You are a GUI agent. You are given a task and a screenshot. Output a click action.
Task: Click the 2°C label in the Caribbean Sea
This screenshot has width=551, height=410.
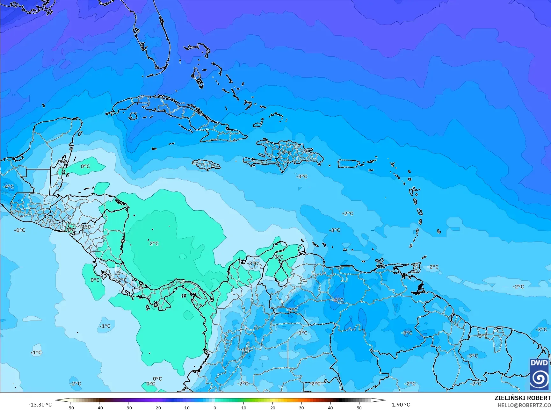(154, 243)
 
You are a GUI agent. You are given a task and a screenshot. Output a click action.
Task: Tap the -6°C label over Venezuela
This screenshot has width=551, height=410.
(338, 300)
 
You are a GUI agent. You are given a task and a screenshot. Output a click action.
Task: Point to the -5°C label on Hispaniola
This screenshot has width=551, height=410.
(286, 153)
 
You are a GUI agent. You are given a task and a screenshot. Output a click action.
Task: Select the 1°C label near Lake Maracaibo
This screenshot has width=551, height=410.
(279, 256)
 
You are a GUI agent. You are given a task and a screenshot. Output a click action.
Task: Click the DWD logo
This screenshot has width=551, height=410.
(539, 374)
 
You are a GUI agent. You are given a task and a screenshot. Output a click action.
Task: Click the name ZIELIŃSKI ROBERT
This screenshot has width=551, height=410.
(522, 398)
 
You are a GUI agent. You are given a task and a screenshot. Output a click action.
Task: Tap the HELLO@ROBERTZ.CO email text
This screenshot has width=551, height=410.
(524, 405)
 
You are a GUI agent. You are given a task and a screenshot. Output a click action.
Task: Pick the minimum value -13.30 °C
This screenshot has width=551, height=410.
(40, 405)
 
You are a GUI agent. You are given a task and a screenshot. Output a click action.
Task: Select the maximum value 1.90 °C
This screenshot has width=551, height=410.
(401, 405)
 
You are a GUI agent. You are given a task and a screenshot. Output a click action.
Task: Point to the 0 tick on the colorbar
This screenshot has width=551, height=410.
(215, 407)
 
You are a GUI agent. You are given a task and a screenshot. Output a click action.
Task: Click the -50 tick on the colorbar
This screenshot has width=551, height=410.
(70, 407)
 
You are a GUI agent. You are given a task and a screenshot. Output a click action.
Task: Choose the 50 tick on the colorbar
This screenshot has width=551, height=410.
(359, 407)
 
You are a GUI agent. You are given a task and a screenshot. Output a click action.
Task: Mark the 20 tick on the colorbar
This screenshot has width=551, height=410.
(272, 407)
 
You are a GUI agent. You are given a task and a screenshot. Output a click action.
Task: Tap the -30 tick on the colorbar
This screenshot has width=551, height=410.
(128, 407)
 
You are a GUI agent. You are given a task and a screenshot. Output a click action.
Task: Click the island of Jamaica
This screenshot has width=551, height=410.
(206, 165)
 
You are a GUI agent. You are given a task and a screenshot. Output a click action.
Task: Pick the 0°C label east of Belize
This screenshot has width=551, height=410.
(85, 166)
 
